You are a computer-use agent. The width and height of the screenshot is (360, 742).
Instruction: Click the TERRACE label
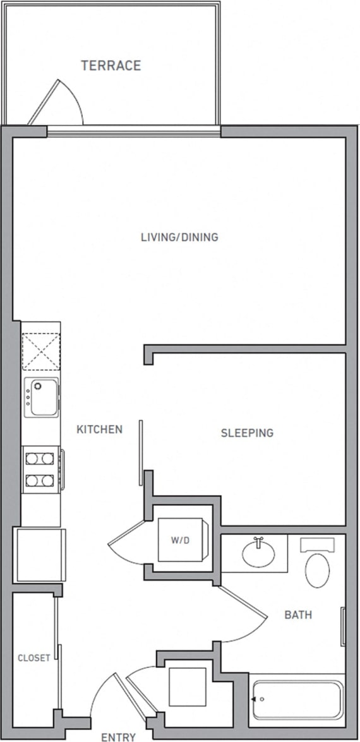[111, 66]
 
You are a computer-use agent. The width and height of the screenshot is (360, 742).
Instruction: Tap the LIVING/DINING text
[179, 237]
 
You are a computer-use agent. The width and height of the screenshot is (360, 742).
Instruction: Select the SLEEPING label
[247, 433]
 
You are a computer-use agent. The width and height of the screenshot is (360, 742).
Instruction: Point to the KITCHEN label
[99, 429]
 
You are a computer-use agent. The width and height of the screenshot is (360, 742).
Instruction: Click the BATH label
[297, 614]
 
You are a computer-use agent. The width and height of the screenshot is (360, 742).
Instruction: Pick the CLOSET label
[33, 658]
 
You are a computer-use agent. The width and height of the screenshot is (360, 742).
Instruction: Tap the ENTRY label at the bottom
[118, 736]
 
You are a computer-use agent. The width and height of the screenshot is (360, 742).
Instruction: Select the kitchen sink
[42, 397]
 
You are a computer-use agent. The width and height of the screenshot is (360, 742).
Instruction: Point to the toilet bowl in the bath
[317, 570]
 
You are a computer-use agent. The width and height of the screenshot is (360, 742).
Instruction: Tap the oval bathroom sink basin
[258, 554]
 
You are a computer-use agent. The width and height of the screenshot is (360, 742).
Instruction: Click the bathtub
[297, 700]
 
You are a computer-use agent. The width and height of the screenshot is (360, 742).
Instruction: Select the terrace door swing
[60, 104]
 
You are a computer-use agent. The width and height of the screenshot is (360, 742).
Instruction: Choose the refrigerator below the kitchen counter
[40, 555]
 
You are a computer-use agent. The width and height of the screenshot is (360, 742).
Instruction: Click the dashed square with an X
[40, 352]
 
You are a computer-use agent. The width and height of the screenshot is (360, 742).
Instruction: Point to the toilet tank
[321, 544]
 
